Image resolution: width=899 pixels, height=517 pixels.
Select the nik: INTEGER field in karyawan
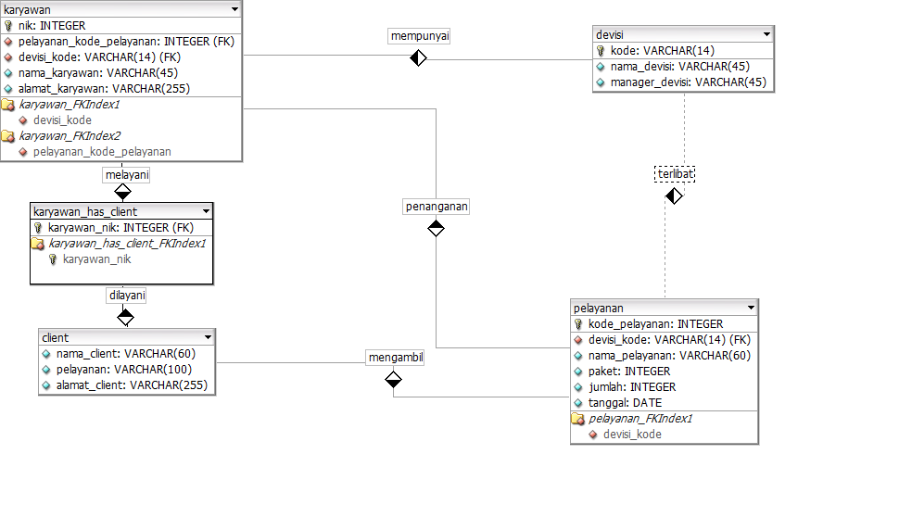[x=51, y=26]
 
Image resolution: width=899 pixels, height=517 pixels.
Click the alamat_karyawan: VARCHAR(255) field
[x=102, y=88]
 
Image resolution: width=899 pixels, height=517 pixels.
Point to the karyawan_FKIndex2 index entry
[x=70, y=135]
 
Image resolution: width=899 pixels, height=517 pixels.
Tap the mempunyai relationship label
[x=419, y=36]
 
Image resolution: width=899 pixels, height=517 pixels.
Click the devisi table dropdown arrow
[x=766, y=34]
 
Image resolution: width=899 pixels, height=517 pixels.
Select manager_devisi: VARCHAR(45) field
[x=688, y=82]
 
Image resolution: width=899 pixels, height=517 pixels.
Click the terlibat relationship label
[x=674, y=173]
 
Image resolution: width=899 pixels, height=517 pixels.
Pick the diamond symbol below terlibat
[x=674, y=195]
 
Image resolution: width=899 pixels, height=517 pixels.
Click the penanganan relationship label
[x=436, y=207]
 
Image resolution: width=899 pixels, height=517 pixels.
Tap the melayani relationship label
[x=126, y=174]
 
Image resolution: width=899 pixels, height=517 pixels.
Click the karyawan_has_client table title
[x=85, y=211]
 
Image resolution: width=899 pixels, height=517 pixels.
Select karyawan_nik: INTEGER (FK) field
[x=120, y=227]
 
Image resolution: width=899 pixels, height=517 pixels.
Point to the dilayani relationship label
[x=126, y=295]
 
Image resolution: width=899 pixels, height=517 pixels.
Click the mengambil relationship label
[x=395, y=357]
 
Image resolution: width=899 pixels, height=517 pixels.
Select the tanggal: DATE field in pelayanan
[x=625, y=402]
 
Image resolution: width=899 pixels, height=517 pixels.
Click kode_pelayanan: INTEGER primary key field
[x=655, y=324]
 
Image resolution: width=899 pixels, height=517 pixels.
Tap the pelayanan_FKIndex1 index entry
[x=640, y=418]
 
